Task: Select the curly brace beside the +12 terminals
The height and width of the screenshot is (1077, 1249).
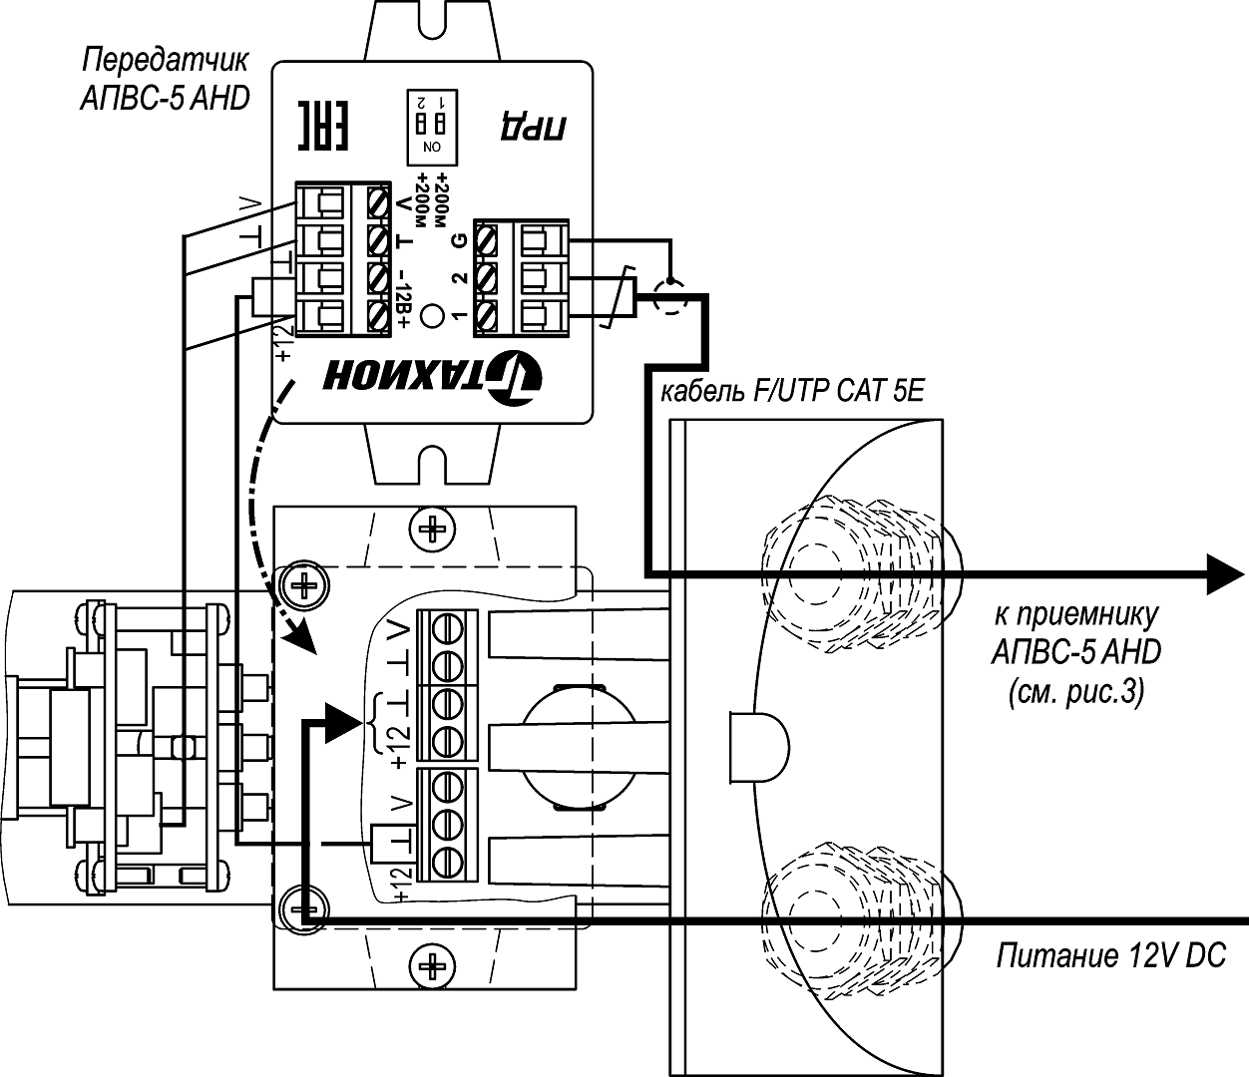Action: coord(376,721)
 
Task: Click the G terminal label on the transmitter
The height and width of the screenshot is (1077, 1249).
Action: coord(459,240)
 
